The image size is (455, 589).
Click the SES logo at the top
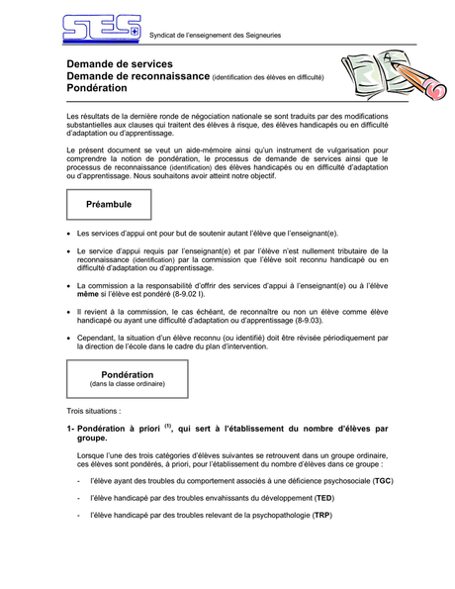(101, 29)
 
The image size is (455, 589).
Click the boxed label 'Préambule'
(109, 204)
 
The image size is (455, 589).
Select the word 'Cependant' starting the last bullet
(98, 338)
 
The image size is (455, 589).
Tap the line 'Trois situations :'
(94, 410)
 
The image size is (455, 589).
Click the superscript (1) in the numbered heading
(168, 426)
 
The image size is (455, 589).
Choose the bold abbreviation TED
(323, 498)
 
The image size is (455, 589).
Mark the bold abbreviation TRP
(321, 517)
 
